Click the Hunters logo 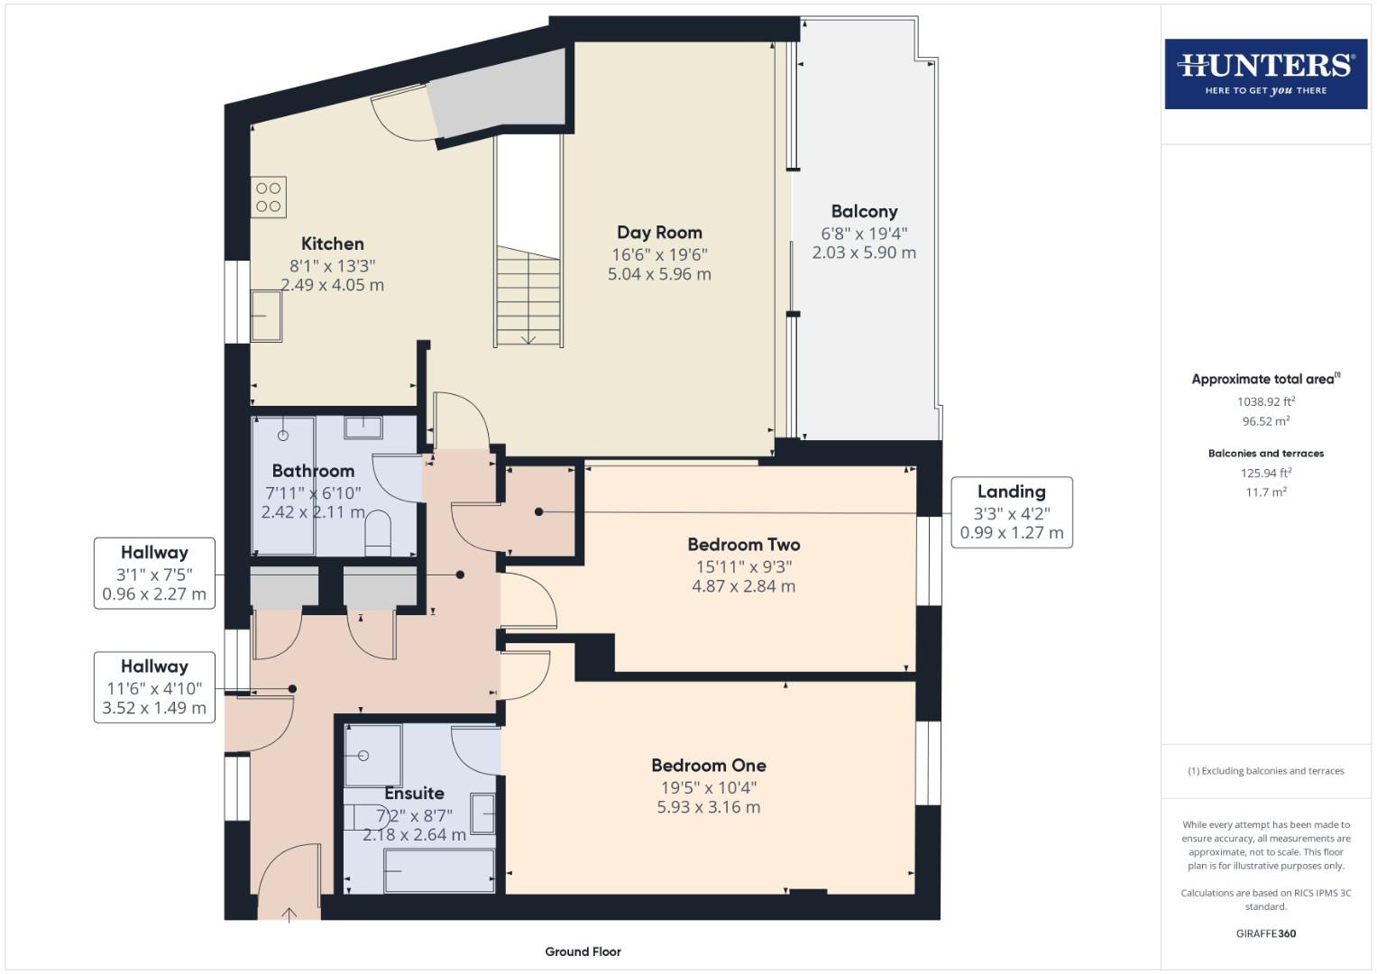point(1265,73)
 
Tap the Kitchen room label point(332,243)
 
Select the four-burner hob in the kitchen point(269,198)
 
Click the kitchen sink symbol point(266,316)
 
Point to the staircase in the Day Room point(528,298)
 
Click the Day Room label point(659,233)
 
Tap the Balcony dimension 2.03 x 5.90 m point(864,253)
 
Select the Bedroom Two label point(743,545)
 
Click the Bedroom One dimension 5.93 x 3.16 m point(708,807)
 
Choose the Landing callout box point(1011,511)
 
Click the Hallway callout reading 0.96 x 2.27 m point(154,595)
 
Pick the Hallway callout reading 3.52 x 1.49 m point(154,708)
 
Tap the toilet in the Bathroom point(377,534)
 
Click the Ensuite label point(414,794)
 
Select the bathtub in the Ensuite point(439,870)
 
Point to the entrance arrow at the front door point(289,914)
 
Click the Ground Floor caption point(583,951)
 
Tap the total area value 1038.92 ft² point(1265,402)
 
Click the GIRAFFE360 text point(1265,933)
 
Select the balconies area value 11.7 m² point(1265,492)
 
